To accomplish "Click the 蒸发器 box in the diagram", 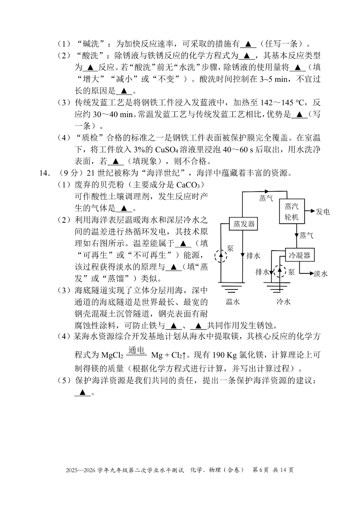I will tap(244, 224).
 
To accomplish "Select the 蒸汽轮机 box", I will tap(292, 212).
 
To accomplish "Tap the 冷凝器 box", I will tap(300, 256).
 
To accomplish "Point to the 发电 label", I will tap(323, 212).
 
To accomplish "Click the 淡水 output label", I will tap(321, 274).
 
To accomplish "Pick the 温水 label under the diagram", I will tap(233, 302).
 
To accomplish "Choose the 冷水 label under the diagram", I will tap(283, 302).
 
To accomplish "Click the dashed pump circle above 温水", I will tap(220, 257).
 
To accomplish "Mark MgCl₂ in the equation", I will tap(112, 356).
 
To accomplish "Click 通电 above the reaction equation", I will tap(136, 350).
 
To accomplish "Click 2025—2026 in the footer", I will tap(81, 470).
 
